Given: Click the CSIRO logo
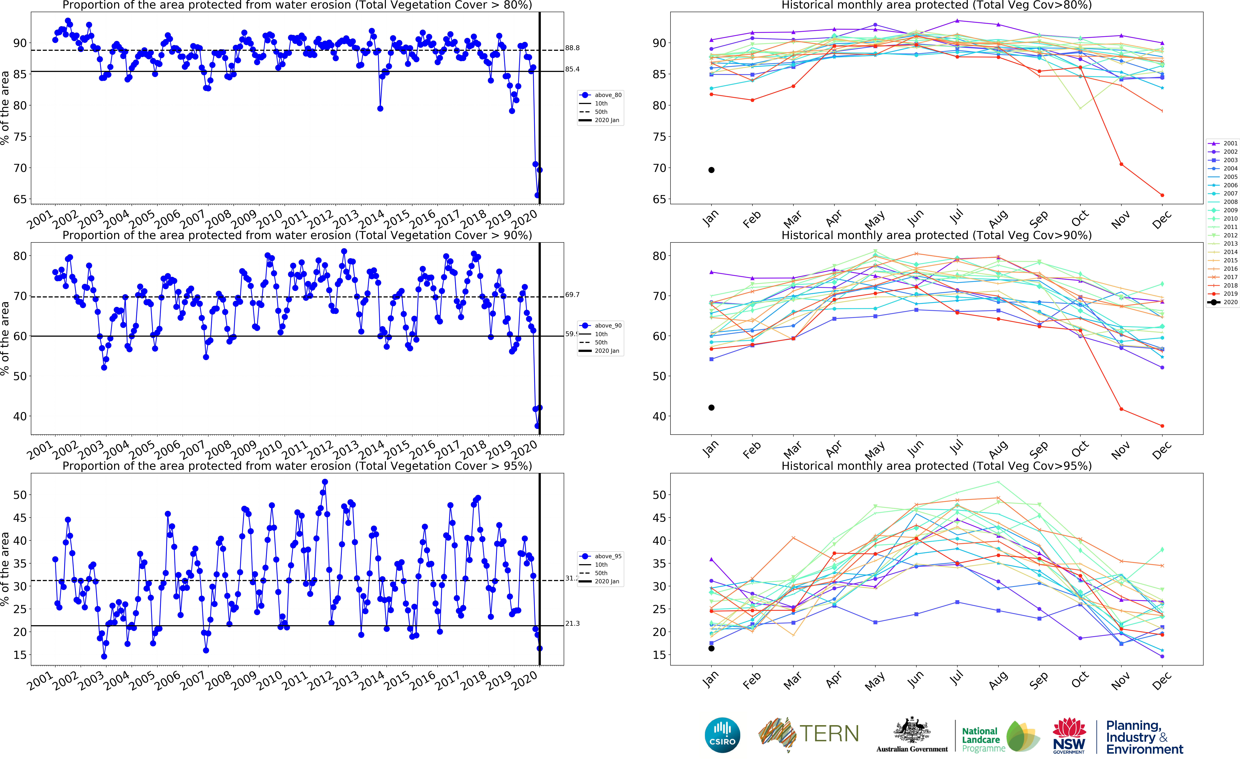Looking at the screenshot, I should tap(722, 735).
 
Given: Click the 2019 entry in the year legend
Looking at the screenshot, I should tap(1230, 294).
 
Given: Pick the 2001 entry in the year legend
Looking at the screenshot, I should tap(1230, 143).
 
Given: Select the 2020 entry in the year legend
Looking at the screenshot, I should tap(1230, 302).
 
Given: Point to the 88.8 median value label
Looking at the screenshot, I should tap(572, 48).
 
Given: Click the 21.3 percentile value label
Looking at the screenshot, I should tap(572, 623).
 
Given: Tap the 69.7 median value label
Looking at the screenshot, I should tap(572, 295).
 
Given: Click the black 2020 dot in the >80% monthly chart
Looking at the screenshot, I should tap(712, 170).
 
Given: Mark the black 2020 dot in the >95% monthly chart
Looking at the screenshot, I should tap(712, 648).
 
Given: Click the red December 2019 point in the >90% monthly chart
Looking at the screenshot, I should tap(1162, 426).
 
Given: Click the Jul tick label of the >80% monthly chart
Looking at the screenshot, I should tap(956, 217).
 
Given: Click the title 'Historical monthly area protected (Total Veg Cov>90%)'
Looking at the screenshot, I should tap(936, 235).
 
